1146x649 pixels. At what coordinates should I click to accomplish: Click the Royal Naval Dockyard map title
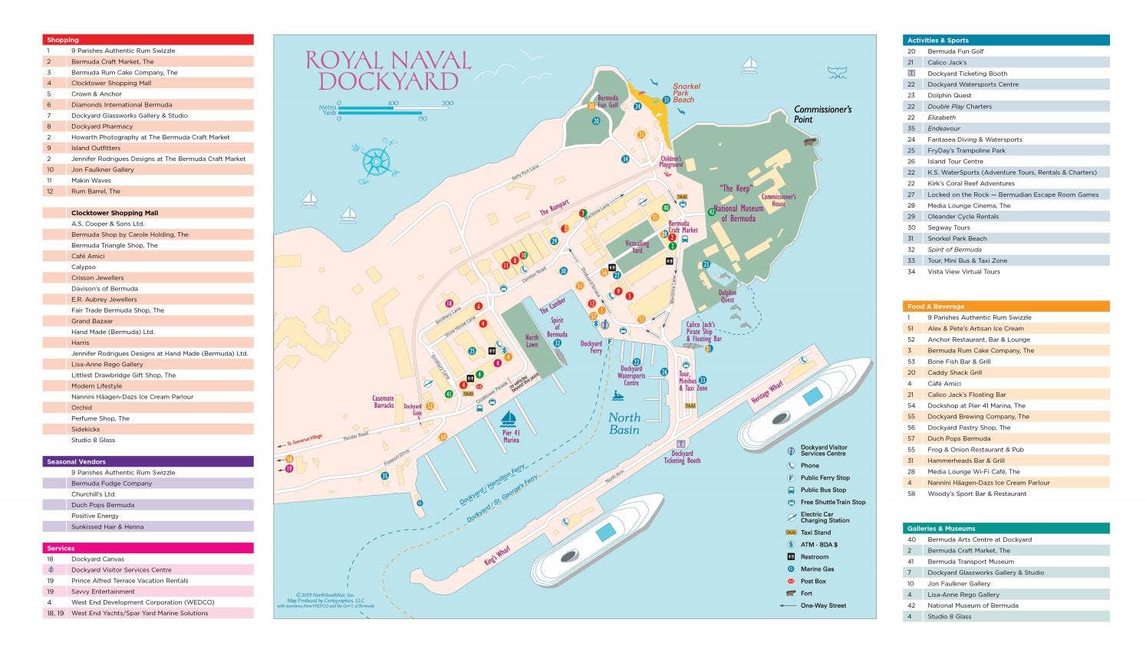tap(387, 70)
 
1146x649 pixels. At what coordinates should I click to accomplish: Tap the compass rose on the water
tap(375, 160)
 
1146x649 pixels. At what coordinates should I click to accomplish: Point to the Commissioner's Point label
tap(822, 114)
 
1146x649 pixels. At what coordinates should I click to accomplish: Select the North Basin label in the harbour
tap(624, 424)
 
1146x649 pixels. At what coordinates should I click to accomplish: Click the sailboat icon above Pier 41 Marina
tap(508, 418)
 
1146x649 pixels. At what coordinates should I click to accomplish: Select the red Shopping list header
tap(148, 40)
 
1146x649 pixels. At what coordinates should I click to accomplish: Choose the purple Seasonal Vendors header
tap(148, 461)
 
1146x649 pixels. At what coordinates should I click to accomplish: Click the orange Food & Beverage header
tap(1006, 306)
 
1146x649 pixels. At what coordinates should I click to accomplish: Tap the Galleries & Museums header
tap(1006, 528)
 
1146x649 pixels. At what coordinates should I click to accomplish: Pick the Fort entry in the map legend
tap(805, 593)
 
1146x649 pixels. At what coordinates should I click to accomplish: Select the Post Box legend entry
tap(812, 581)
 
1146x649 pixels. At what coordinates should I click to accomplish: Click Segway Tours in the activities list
tap(948, 228)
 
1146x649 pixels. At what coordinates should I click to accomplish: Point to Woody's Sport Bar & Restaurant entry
tap(976, 493)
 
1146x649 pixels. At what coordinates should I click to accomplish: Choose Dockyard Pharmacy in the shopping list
tap(102, 126)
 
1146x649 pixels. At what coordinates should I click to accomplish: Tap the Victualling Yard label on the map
tap(637, 247)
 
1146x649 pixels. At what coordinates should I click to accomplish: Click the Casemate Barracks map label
tap(383, 402)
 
